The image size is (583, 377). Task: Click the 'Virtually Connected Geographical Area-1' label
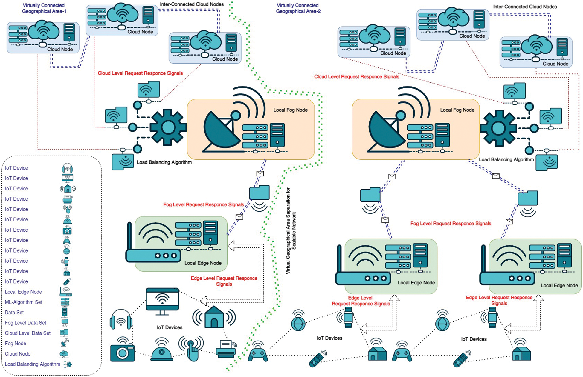click(x=44, y=8)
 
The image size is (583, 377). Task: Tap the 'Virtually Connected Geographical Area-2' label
click(x=298, y=8)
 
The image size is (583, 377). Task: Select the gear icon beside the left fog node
click(x=168, y=127)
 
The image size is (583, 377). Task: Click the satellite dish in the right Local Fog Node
click(x=386, y=128)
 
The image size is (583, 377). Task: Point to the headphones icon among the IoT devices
click(x=121, y=319)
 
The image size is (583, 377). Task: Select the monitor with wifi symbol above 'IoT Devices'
click(x=162, y=301)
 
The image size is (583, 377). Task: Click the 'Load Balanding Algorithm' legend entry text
click(x=32, y=364)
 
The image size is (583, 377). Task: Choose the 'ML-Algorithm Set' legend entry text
click(x=23, y=302)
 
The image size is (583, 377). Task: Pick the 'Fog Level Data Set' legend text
click(x=25, y=323)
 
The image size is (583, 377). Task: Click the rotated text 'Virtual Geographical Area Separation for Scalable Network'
click(x=291, y=231)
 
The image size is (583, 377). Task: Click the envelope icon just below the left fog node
click(x=260, y=173)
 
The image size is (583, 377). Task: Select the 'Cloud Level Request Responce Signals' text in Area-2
click(x=356, y=77)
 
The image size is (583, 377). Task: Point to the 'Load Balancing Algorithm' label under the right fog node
click(x=506, y=159)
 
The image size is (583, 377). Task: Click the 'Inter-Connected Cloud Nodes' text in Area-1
click(x=192, y=4)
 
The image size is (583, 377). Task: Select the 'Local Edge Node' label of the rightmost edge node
click(x=559, y=285)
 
